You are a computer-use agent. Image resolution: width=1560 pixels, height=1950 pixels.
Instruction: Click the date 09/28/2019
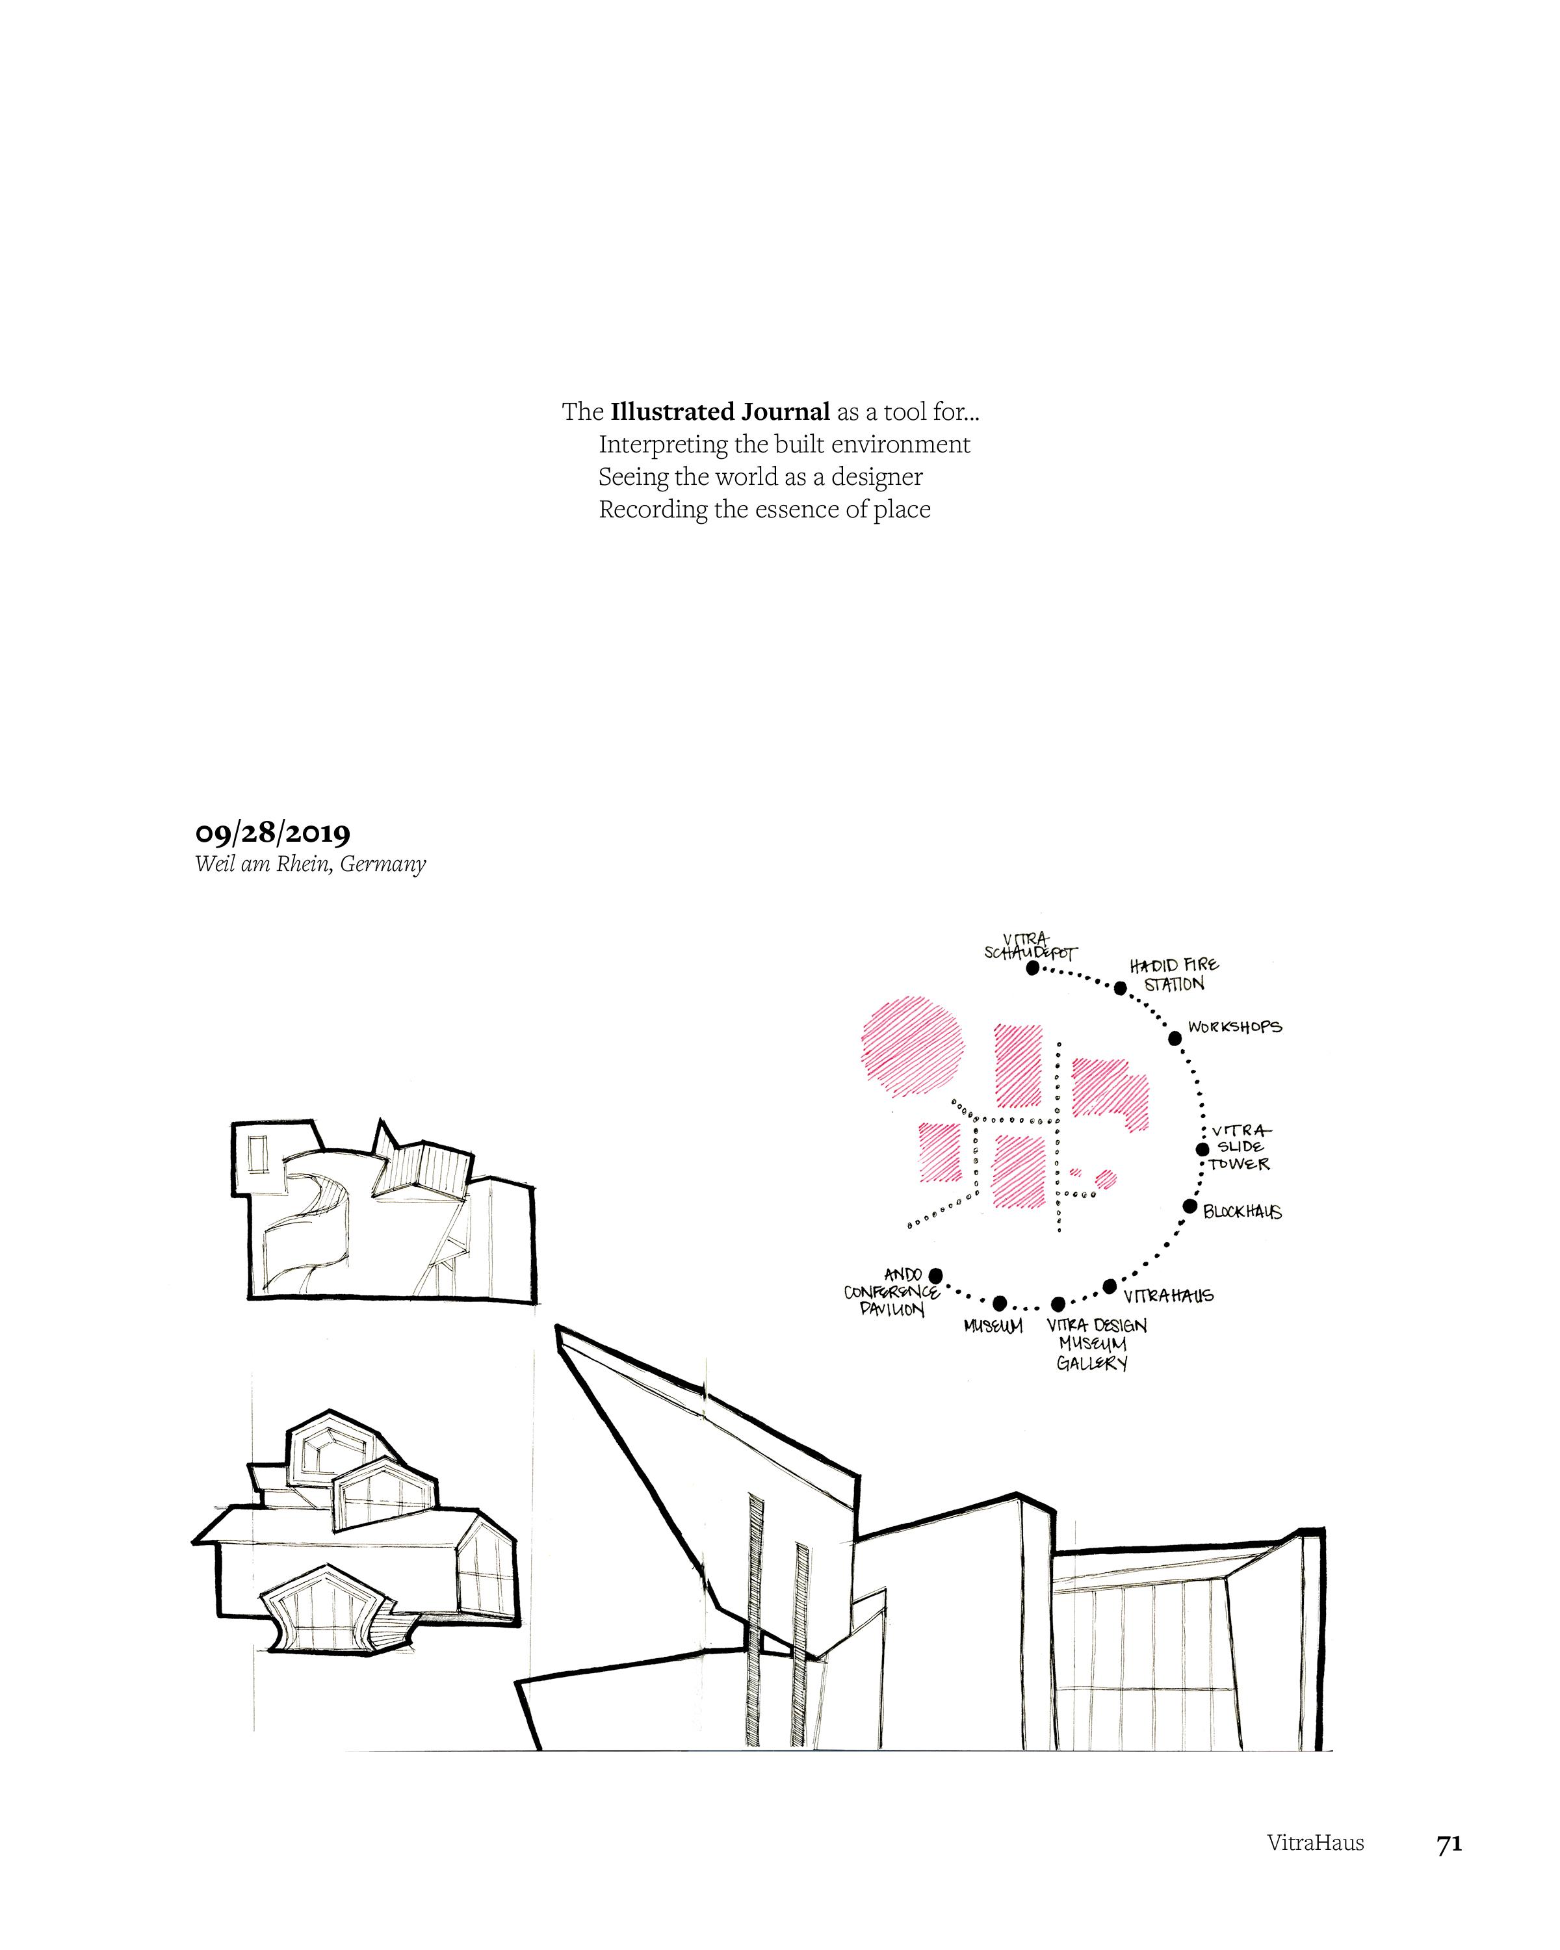pyautogui.click(x=272, y=833)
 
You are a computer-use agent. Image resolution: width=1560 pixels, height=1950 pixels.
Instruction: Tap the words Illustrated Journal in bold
pyautogui.click(x=720, y=413)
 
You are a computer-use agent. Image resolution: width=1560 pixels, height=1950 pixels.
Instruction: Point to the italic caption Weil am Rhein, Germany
pyautogui.click(x=310, y=864)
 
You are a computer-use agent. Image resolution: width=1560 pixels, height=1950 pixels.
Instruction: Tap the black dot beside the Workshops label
pyautogui.click(x=1175, y=1038)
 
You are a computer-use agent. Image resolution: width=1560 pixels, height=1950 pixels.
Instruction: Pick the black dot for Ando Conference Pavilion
pyautogui.click(x=936, y=1275)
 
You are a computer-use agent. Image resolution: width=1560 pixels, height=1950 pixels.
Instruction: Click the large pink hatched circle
pyautogui.click(x=913, y=1046)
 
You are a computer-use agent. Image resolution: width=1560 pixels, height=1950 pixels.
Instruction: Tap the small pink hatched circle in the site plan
pyautogui.click(x=1105, y=1178)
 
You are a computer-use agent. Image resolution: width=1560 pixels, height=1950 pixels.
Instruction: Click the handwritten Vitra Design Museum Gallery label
pyautogui.click(x=1095, y=1344)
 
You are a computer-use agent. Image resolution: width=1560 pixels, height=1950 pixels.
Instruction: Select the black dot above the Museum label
pyautogui.click(x=999, y=1303)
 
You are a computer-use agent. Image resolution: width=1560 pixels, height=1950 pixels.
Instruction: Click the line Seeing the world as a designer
pyautogui.click(x=760, y=476)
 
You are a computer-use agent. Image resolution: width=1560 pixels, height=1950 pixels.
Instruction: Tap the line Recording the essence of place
pyautogui.click(x=764, y=509)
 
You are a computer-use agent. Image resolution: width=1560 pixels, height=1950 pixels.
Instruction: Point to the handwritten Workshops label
pyautogui.click(x=1234, y=1028)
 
